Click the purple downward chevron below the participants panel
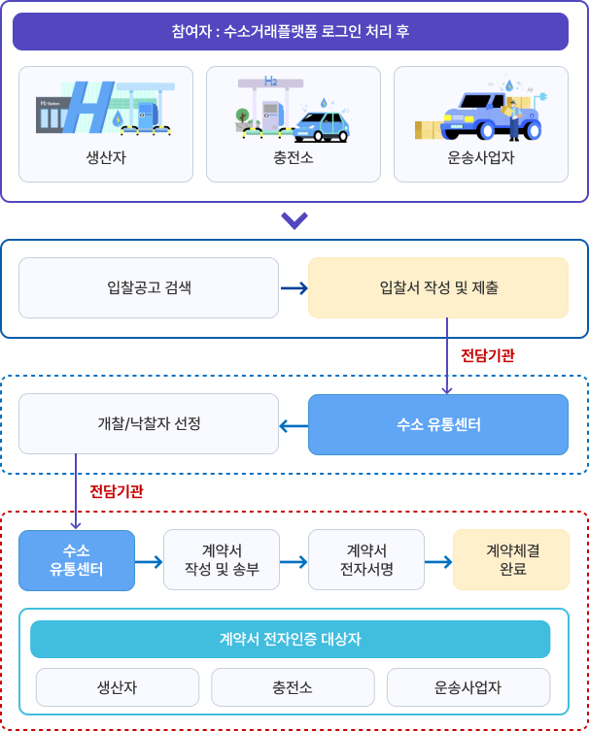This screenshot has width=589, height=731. click(294, 221)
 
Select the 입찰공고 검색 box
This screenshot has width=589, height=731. click(148, 287)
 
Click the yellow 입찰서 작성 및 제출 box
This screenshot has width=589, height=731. click(438, 287)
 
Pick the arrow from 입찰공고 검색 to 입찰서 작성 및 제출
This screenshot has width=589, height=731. click(294, 287)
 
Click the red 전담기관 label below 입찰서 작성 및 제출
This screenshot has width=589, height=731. click(487, 355)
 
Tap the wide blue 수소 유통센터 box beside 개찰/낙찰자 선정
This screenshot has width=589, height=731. click(438, 424)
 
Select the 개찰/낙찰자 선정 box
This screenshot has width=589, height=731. click(148, 424)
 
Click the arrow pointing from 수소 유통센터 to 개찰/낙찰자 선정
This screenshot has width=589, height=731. click(294, 424)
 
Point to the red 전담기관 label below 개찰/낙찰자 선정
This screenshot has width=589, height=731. click(117, 491)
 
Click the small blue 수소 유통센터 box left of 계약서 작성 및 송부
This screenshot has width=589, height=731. click(77, 560)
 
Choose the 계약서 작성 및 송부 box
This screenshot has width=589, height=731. click(222, 560)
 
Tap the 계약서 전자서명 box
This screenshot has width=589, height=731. click(366, 560)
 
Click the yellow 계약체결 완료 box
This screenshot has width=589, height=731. click(511, 560)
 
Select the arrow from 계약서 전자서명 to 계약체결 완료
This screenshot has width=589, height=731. click(438, 561)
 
